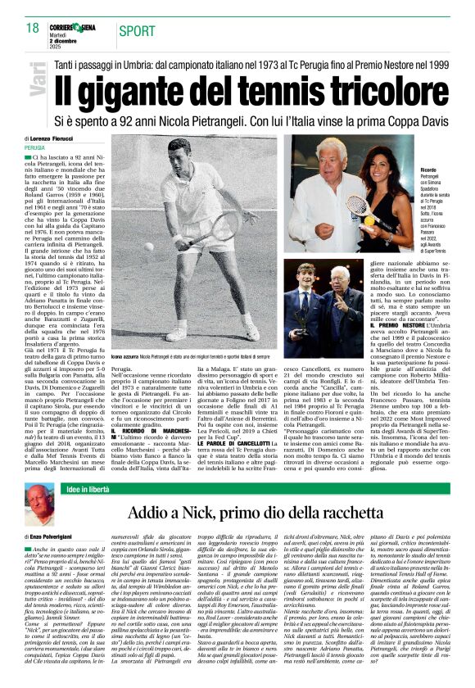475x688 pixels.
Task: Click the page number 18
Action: [32, 29]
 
